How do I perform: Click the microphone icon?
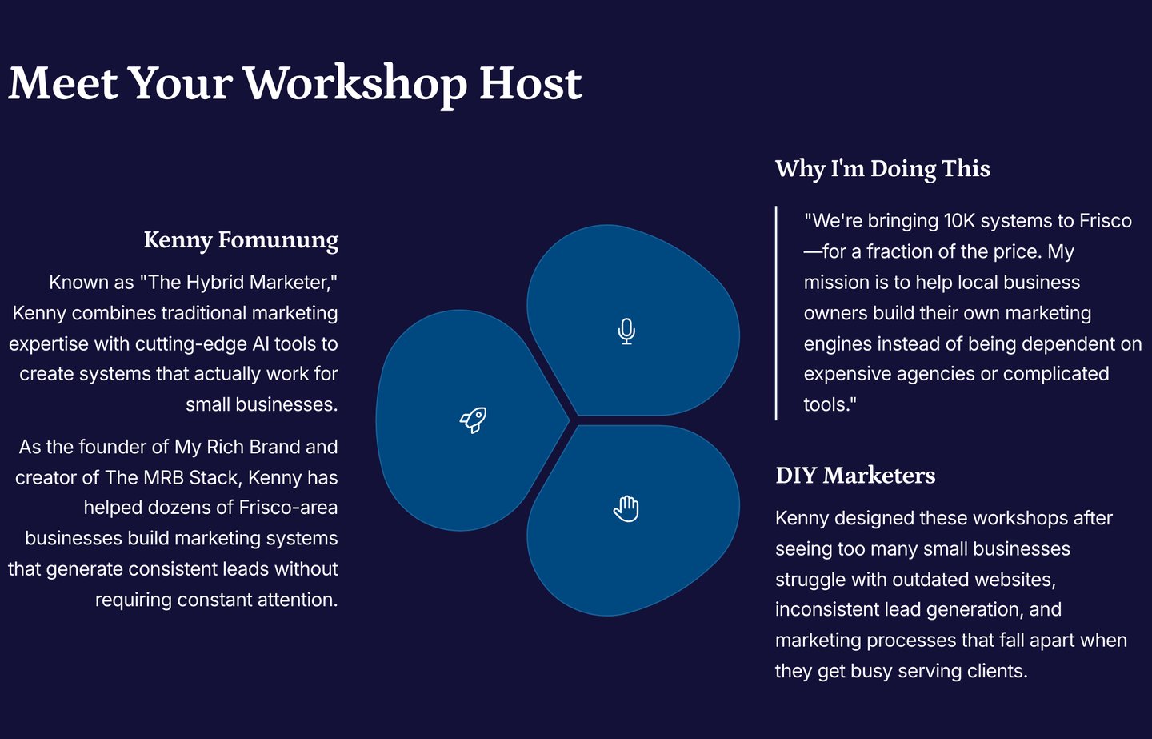[x=626, y=331]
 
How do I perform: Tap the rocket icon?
[x=473, y=420]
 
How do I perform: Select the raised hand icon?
[x=626, y=509]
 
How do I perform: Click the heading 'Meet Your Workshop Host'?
[x=295, y=84]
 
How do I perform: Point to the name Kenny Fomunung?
[x=241, y=240]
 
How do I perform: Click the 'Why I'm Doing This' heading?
[x=882, y=169]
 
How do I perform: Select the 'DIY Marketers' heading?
[x=855, y=475]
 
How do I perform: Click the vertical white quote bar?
[x=776, y=313]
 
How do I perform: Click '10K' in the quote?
[x=959, y=221]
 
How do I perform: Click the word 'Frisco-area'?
[x=288, y=508]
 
